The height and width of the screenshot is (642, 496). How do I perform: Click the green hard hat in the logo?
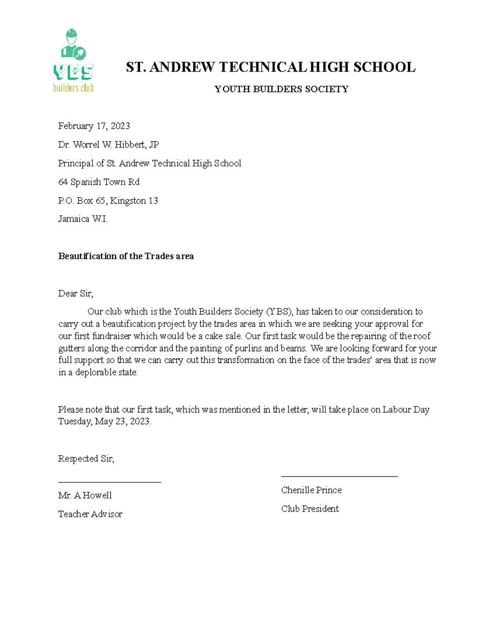[72, 33]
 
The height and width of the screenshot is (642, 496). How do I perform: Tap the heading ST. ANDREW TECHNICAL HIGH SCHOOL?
[270, 67]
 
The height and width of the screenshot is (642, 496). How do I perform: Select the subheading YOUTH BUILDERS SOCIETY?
[281, 89]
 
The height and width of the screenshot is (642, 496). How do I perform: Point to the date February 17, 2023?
[94, 126]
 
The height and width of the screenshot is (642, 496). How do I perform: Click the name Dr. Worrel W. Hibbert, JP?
[108, 145]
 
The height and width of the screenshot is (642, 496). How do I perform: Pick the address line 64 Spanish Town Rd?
[99, 182]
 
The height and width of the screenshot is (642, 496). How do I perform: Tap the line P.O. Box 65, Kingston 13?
[108, 200]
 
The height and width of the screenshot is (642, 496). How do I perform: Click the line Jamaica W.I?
[83, 219]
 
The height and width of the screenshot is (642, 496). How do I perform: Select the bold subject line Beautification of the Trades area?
[126, 256]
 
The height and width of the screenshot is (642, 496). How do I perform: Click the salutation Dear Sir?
[76, 294]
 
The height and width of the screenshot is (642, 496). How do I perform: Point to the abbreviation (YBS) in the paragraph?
[279, 312]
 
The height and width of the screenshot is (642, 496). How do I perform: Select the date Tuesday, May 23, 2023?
[105, 422]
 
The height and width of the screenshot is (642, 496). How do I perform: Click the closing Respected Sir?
[86, 458]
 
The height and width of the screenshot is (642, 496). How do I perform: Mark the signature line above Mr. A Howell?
[109, 482]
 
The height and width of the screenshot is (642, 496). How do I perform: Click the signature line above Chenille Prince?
[339, 477]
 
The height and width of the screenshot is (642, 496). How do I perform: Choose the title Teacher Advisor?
[90, 514]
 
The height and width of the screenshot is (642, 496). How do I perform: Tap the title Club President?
[310, 509]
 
